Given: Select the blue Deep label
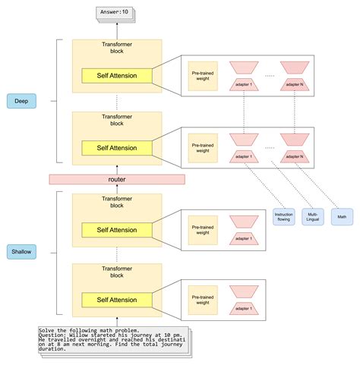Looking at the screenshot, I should pos(21,99).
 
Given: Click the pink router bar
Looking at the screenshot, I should pos(116,179).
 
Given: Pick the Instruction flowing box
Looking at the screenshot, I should pos(283,216).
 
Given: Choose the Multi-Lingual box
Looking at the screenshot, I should pos(311,216).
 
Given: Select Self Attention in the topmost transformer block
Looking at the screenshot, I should pos(116,77).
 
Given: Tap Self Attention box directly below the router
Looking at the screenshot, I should pos(116,229).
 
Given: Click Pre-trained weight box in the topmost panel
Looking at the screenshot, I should pos(201,76).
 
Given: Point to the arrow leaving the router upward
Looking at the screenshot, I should pos(116,168).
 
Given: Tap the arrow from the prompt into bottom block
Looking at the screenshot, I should pos(116,319).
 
